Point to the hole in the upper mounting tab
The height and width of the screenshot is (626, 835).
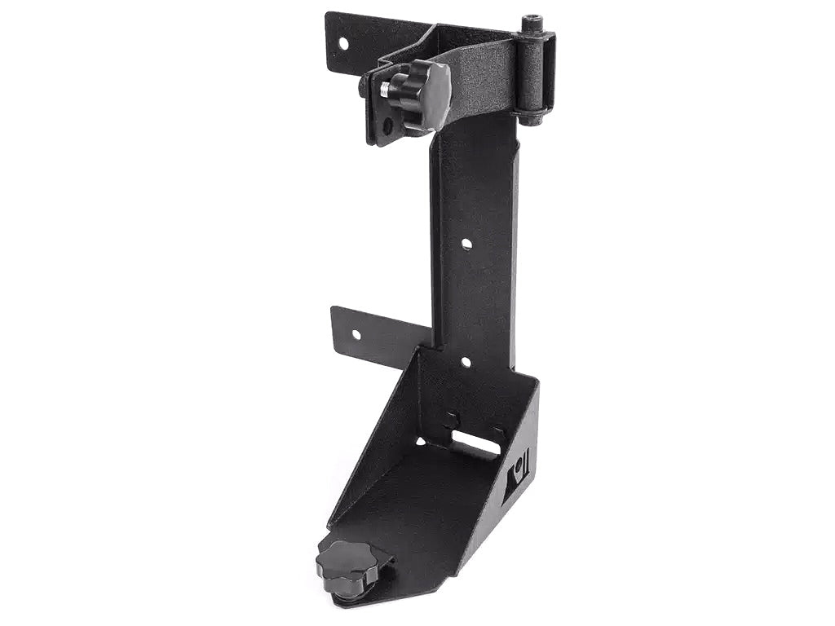343,42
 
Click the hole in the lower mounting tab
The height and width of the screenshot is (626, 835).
356,334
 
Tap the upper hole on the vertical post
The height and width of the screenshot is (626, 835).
466,243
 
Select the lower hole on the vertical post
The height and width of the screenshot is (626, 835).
466,361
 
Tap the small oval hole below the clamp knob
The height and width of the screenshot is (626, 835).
388,126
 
